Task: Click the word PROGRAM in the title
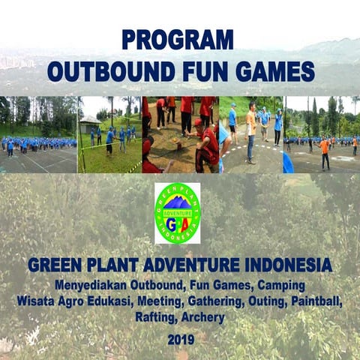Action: coord(178,39)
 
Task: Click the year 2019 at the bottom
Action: coord(180,339)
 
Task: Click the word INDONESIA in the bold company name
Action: coord(286,265)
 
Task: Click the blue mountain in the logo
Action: coord(178,202)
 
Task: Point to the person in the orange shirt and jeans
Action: coord(251,131)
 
